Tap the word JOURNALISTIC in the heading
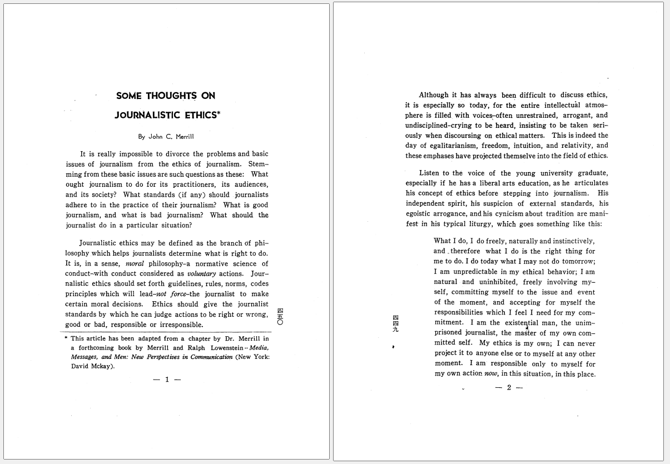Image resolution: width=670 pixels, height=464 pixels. tap(147, 116)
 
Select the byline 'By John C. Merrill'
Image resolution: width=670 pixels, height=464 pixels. tap(166, 137)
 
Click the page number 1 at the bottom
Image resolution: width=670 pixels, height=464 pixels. tap(167, 380)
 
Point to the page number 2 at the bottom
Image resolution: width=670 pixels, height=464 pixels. tap(509, 387)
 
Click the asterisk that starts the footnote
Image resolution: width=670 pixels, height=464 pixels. tap(67, 338)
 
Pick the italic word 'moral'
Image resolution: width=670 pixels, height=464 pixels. tap(135, 264)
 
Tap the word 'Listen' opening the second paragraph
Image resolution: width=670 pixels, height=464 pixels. tap(429, 173)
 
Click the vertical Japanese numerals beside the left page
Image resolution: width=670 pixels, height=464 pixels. tap(280, 316)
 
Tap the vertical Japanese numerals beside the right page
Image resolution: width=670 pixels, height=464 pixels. tap(395, 323)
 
